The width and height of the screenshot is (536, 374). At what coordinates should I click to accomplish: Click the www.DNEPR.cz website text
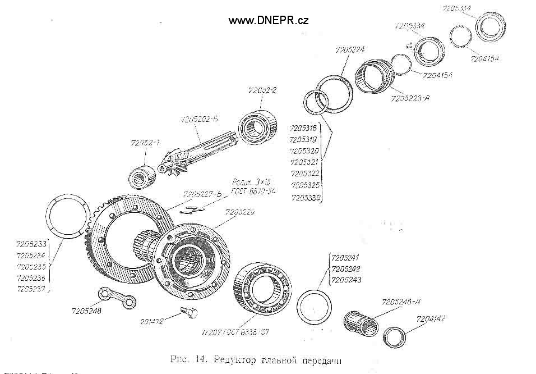[269, 20]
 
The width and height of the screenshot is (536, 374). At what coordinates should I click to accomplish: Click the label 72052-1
[144, 143]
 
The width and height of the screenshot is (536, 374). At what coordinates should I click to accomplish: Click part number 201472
[153, 322]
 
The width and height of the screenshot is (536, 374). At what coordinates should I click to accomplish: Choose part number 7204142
[431, 319]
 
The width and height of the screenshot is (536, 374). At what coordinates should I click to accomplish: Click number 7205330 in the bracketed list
[305, 198]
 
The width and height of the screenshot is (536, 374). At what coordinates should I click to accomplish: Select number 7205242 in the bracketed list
[346, 269]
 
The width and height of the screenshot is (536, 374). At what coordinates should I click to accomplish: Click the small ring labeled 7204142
[396, 338]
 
